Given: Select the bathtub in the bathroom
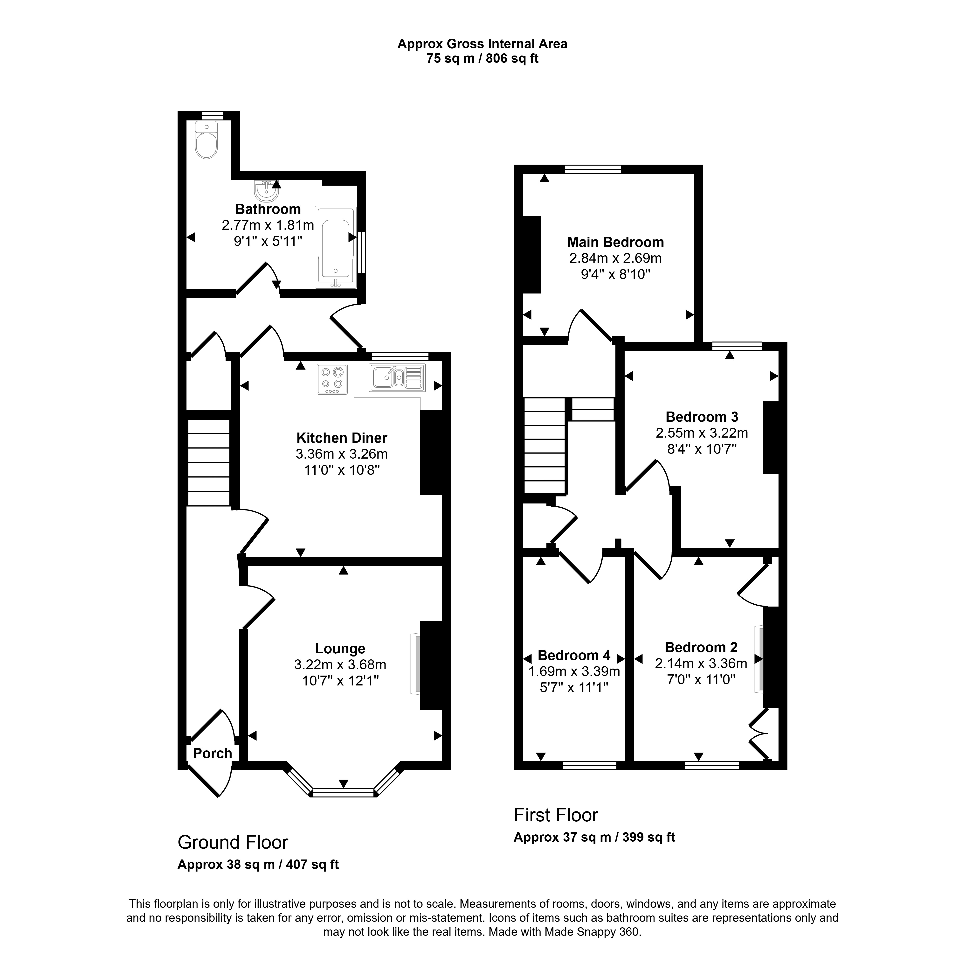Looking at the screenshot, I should (x=336, y=247).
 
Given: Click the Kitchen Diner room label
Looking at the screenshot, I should (x=342, y=438).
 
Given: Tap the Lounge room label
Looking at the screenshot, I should (x=340, y=649).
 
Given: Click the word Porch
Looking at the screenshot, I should (x=213, y=753).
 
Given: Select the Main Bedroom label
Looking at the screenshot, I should (x=615, y=242).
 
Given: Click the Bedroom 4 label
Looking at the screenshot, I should (x=574, y=655).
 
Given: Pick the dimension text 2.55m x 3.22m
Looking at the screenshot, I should (x=702, y=433).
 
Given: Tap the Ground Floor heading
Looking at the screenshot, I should (x=233, y=843).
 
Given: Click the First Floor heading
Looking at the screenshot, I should (x=556, y=815).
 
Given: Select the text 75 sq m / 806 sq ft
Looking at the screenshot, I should (x=482, y=58).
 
